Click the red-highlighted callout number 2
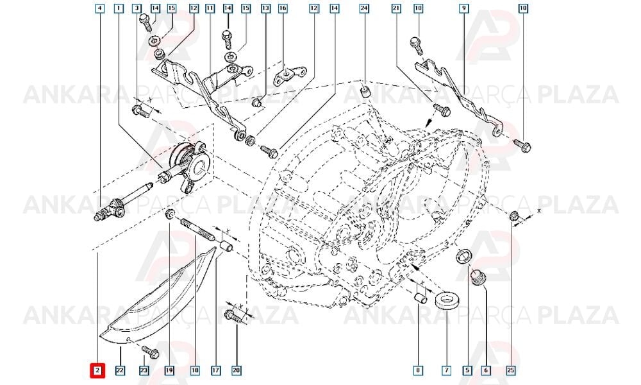click(x=97, y=371)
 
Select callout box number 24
click(x=364, y=8)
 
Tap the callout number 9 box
click(x=463, y=8)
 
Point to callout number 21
click(x=396, y=8)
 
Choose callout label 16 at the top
click(x=283, y=8)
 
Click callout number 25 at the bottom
click(x=511, y=371)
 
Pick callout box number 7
click(x=446, y=371)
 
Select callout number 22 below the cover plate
click(x=119, y=371)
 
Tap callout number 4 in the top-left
click(x=99, y=8)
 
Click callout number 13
click(x=266, y=8)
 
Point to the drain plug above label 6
click(x=478, y=277)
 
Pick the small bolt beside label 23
click(x=149, y=352)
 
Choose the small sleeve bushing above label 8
click(x=420, y=298)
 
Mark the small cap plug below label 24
click(x=364, y=92)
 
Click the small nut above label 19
click(x=170, y=214)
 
